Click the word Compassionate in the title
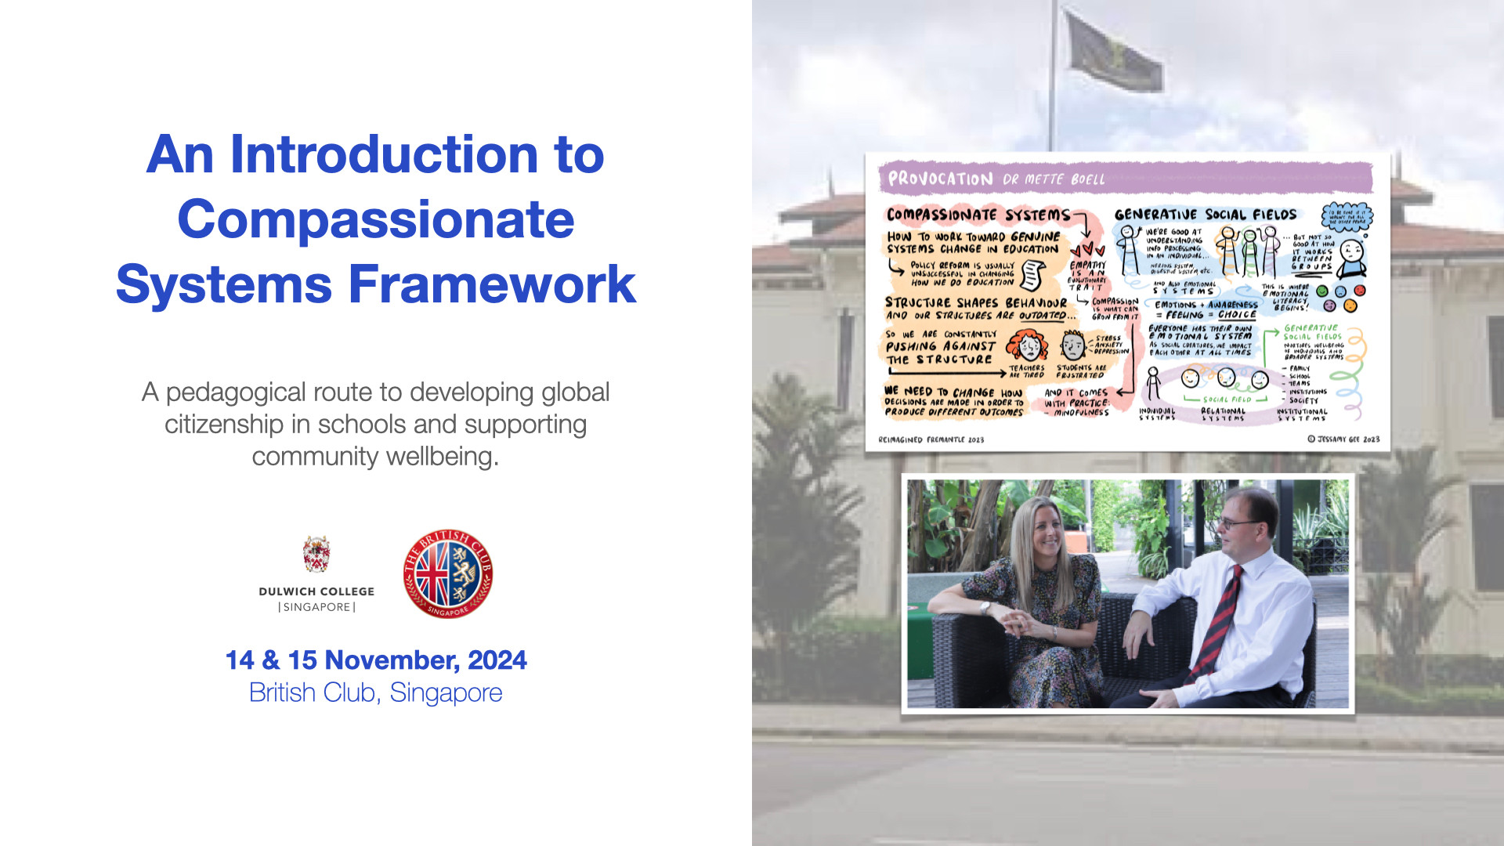point(376,219)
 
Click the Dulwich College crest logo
point(316,555)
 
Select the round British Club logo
point(448,573)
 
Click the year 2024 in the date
point(497,660)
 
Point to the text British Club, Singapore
point(375,693)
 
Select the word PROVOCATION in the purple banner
point(940,179)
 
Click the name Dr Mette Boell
point(1054,179)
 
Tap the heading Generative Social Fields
point(1205,215)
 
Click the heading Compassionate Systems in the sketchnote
point(978,215)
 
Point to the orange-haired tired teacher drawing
point(1027,345)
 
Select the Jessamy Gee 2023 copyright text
point(1343,439)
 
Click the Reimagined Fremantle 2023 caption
point(931,440)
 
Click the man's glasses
point(1238,523)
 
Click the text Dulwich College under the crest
point(316,591)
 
